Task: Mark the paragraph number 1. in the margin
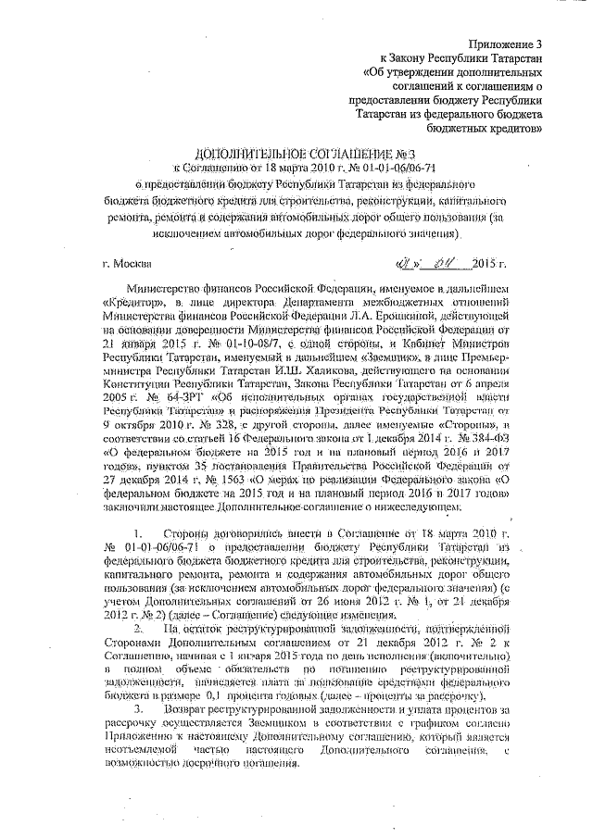138,535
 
